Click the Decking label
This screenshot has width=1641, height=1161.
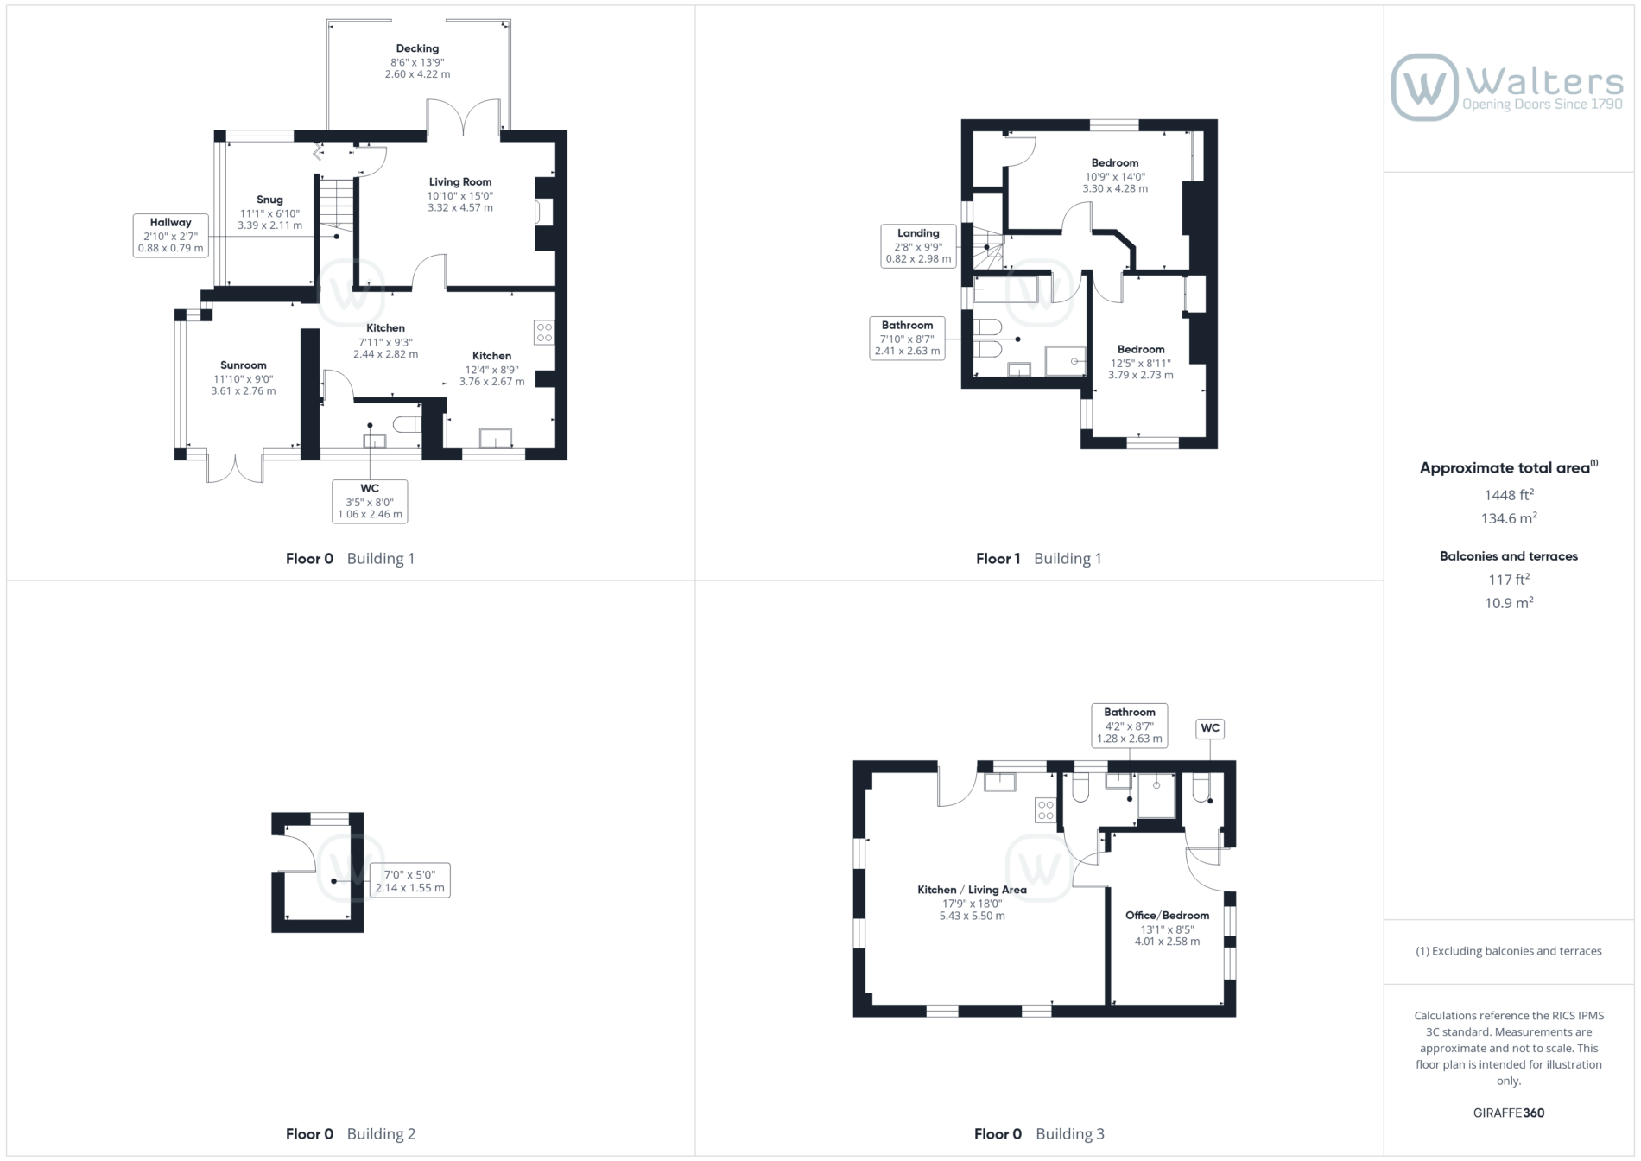[417, 48]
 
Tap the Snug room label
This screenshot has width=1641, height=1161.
[269, 200]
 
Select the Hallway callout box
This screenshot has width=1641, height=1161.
[171, 236]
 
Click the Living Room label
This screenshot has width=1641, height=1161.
[460, 181]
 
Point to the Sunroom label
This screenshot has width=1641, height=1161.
[244, 365]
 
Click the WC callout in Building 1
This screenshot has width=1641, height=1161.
[370, 501]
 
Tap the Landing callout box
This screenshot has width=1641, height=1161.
[918, 246]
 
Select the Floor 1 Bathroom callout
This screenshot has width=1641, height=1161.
[907, 339]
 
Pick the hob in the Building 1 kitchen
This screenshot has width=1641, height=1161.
[544, 332]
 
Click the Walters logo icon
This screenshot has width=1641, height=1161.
[1424, 87]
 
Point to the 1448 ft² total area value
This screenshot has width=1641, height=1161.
[1509, 495]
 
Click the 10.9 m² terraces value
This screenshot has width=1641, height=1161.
[1509, 603]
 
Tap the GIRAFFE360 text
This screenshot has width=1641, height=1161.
[1509, 1113]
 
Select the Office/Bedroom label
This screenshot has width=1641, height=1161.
[1167, 915]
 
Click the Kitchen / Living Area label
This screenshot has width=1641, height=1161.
[972, 890]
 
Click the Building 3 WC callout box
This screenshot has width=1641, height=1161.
[1210, 728]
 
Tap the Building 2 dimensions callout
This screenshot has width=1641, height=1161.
[409, 880]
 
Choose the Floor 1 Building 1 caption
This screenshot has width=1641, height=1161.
[1038, 558]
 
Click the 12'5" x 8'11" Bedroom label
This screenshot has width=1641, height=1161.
[1140, 363]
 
